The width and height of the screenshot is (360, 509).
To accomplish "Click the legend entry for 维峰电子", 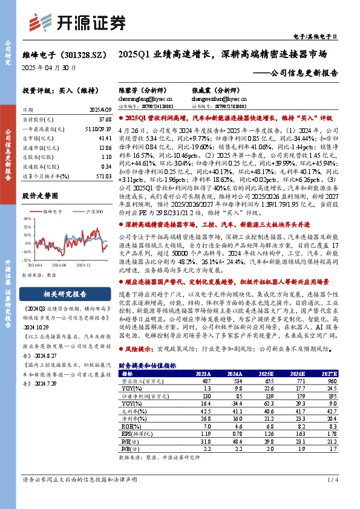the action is pos(53,212).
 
